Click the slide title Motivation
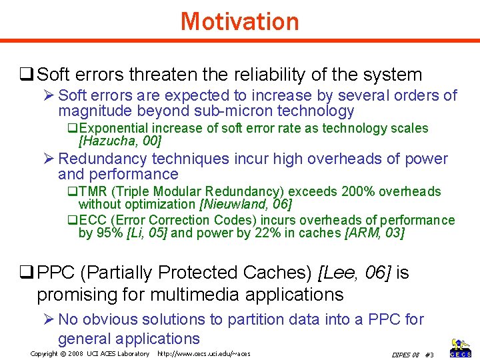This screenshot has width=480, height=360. tap(239, 21)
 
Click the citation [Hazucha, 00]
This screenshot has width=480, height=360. tap(120, 141)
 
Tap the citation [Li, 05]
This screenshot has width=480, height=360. tap(151, 233)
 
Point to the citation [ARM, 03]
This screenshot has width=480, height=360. tap(374, 233)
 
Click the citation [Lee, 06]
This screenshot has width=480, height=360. tap(357, 273)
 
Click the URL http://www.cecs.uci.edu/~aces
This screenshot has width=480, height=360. tap(203, 353)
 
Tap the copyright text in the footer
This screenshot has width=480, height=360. tap(90, 353)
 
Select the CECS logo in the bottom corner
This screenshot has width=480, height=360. tap(461, 348)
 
